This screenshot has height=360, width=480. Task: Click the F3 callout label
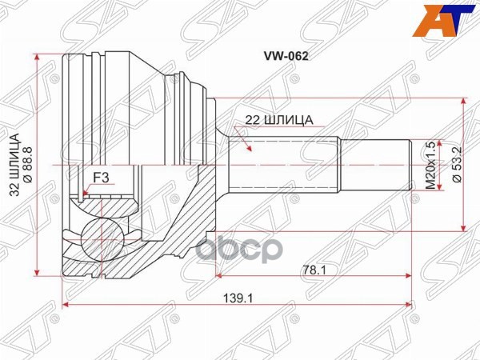[x=102, y=176]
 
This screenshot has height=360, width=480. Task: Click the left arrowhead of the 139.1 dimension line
[x=64, y=306]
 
